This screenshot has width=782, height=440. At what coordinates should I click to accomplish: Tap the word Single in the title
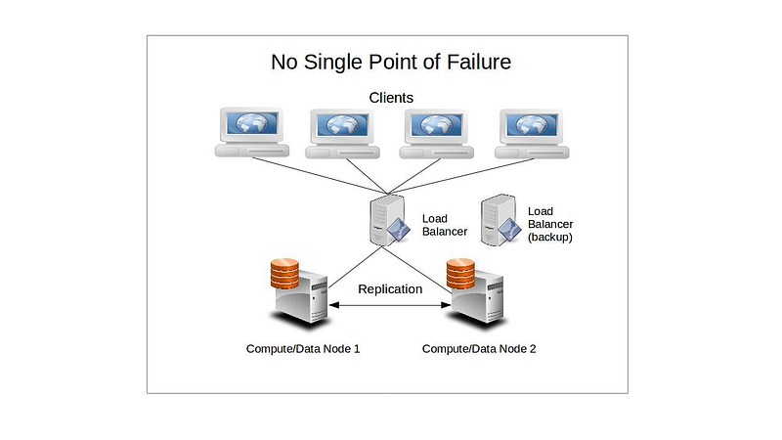tap(339, 63)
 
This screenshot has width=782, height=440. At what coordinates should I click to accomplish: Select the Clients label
tap(391, 98)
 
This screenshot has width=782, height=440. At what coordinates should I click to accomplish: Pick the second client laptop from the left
tap(345, 134)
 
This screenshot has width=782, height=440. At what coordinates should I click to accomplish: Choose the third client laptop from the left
tap(436, 134)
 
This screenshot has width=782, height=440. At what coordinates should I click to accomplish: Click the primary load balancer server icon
tap(387, 219)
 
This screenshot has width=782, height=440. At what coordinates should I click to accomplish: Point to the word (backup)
tap(549, 238)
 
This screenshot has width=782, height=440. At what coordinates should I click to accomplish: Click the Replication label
tap(390, 289)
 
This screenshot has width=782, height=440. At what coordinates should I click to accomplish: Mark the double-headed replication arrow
tap(391, 306)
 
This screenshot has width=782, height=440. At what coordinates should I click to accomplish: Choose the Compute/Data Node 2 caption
tap(479, 349)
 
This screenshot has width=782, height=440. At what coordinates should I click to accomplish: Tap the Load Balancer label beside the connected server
tap(444, 225)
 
